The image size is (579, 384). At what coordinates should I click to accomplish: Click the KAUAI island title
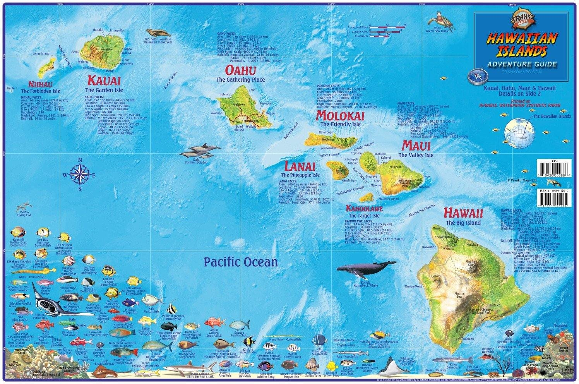[104, 80]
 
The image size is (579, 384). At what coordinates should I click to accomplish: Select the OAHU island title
[240, 70]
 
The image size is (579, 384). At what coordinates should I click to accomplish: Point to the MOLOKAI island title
[340, 115]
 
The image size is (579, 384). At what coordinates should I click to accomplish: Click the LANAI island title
[300, 166]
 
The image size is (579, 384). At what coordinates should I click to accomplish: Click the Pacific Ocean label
[241, 262]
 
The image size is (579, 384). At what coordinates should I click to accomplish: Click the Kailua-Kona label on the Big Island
[424, 286]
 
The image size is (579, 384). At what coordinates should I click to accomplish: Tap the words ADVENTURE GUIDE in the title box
[522, 64]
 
